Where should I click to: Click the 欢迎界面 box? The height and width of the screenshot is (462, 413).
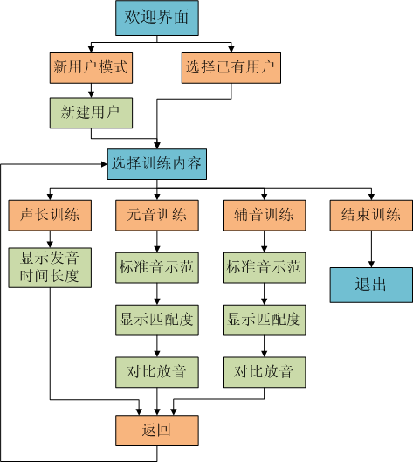[157, 18]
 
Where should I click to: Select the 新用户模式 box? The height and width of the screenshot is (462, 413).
[91, 68]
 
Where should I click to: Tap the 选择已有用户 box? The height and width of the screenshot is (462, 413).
[231, 68]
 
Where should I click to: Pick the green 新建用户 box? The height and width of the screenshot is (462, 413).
[91, 113]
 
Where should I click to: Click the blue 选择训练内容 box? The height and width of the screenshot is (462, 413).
[157, 164]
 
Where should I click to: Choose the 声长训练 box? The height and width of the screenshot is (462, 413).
[50, 216]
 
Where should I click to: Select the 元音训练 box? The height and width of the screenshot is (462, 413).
[157, 216]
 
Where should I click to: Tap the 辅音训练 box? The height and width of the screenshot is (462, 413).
[265, 216]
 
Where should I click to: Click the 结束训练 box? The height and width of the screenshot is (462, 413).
[371, 216]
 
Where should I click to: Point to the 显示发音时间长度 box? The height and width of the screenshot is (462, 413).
[50, 267]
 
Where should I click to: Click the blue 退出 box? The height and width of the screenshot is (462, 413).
[371, 285]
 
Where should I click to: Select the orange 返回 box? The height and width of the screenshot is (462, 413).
[157, 431]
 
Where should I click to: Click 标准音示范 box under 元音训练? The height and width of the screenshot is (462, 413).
[157, 267]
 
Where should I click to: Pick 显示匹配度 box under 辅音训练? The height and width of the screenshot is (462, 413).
[265, 320]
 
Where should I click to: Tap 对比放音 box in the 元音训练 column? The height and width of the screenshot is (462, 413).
[157, 372]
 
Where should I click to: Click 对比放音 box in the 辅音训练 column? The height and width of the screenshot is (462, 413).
[265, 372]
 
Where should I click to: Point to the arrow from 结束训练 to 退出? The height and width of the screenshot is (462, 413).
[371, 249]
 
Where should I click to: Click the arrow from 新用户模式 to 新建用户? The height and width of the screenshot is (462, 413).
[91, 91]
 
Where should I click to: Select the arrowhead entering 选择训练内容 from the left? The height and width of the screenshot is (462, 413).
[104, 164]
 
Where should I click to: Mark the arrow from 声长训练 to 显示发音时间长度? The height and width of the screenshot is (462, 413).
[50, 239]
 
